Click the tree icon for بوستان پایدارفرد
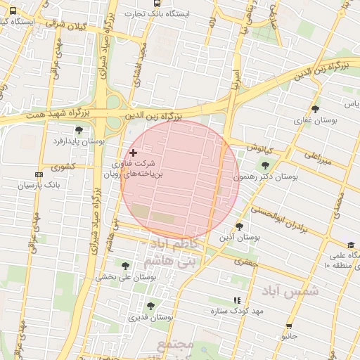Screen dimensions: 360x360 (79, 130)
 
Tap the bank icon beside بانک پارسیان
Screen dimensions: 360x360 (39, 174)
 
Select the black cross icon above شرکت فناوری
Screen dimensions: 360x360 (133, 153)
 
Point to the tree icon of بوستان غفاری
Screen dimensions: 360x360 (315, 109)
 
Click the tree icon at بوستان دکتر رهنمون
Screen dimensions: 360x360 (265, 166)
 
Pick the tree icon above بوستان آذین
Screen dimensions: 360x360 (240, 226)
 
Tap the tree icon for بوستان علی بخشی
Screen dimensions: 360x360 (126, 266)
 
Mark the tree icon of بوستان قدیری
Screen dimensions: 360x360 (150, 306)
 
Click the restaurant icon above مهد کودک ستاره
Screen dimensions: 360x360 (237, 300)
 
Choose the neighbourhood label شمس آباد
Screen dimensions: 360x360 (290, 290)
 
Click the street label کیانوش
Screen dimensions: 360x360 (259, 148)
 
